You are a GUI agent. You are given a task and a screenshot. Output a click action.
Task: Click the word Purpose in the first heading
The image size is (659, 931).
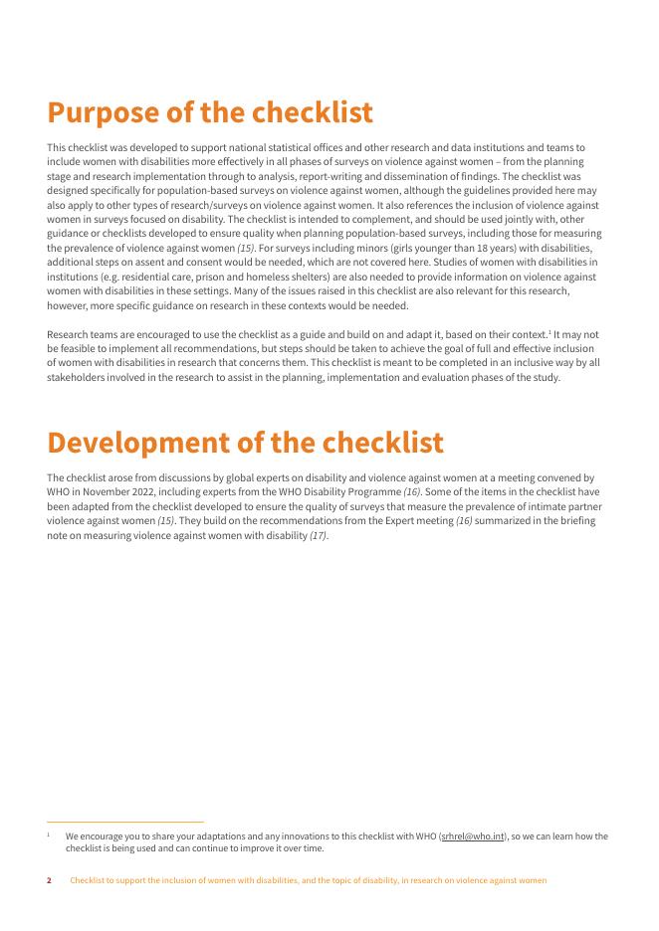pyautogui.click(x=108, y=113)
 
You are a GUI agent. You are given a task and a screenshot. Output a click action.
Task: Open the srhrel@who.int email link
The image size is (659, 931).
pyautogui.click(x=471, y=837)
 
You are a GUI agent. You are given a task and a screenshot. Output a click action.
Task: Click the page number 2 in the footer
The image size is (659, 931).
pyautogui.click(x=50, y=880)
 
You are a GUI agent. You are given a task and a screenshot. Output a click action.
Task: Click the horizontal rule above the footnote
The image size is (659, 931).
pyautogui.click(x=125, y=823)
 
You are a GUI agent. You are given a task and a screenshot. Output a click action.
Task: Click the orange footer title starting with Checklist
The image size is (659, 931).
pyautogui.click(x=308, y=880)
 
